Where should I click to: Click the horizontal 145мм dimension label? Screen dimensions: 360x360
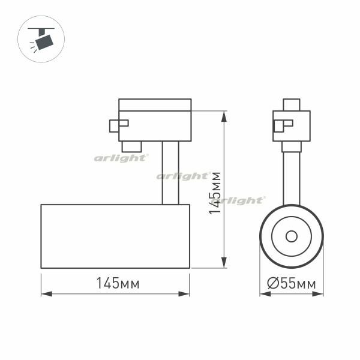pos(118,283)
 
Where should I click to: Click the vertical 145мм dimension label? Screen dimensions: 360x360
pos(215,193)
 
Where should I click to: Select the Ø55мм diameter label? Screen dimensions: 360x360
pos(292,283)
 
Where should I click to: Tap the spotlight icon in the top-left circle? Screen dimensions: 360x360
pos(41,39)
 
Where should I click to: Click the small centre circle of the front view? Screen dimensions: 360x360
pos(292,236)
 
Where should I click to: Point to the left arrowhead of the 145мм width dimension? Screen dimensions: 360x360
pos(47,294)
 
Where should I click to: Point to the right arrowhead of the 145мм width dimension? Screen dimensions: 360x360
pos(184,294)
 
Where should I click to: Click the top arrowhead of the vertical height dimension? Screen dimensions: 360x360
pos(224,116)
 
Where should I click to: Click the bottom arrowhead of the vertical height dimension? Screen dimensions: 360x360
pos(224,262)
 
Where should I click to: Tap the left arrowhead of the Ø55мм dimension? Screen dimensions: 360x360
pos(265,294)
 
